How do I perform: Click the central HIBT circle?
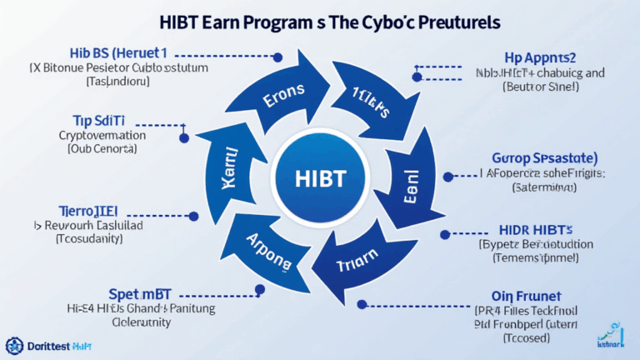pos(321,180)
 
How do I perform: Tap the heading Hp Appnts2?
pos(542,57)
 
